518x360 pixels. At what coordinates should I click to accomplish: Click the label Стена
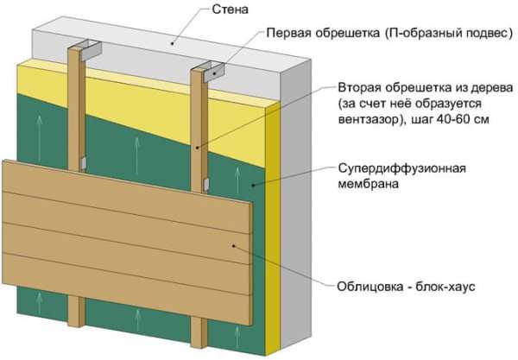(230, 9)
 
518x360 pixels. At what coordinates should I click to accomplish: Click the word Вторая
(360, 88)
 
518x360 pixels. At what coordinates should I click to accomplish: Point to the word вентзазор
(369, 119)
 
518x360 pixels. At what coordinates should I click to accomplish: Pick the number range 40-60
(452, 119)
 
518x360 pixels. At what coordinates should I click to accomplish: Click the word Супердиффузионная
(401, 167)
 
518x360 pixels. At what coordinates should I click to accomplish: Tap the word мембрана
(368, 183)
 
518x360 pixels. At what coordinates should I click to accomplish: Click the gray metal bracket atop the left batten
(86, 51)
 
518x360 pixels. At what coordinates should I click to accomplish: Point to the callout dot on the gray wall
(172, 43)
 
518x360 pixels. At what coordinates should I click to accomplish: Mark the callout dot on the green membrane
(253, 185)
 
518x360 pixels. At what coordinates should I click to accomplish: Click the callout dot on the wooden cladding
(234, 245)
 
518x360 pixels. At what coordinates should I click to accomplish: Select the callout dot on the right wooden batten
(197, 148)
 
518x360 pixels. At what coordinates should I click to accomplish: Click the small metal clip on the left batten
(83, 163)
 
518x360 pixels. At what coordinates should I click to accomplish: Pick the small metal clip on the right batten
(206, 184)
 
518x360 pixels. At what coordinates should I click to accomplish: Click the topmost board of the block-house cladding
(127, 195)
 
